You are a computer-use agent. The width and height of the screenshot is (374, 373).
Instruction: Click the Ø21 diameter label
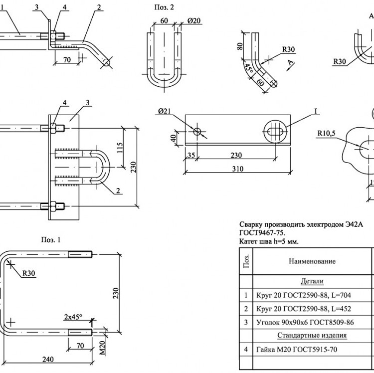point(165,111)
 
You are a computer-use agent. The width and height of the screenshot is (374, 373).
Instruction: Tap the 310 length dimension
point(238,169)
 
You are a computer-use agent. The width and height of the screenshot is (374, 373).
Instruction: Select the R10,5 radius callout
point(326,133)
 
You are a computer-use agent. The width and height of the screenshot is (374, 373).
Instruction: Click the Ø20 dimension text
point(194,21)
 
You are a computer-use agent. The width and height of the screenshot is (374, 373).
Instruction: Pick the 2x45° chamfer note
point(73,317)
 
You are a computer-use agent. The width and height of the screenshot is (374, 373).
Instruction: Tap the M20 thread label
point(102,348)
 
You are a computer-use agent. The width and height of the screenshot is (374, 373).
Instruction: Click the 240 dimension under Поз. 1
point(48,359)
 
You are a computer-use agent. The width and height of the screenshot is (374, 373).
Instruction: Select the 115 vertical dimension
point(120,148)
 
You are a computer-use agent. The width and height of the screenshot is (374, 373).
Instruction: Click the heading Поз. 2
point(164,7)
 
